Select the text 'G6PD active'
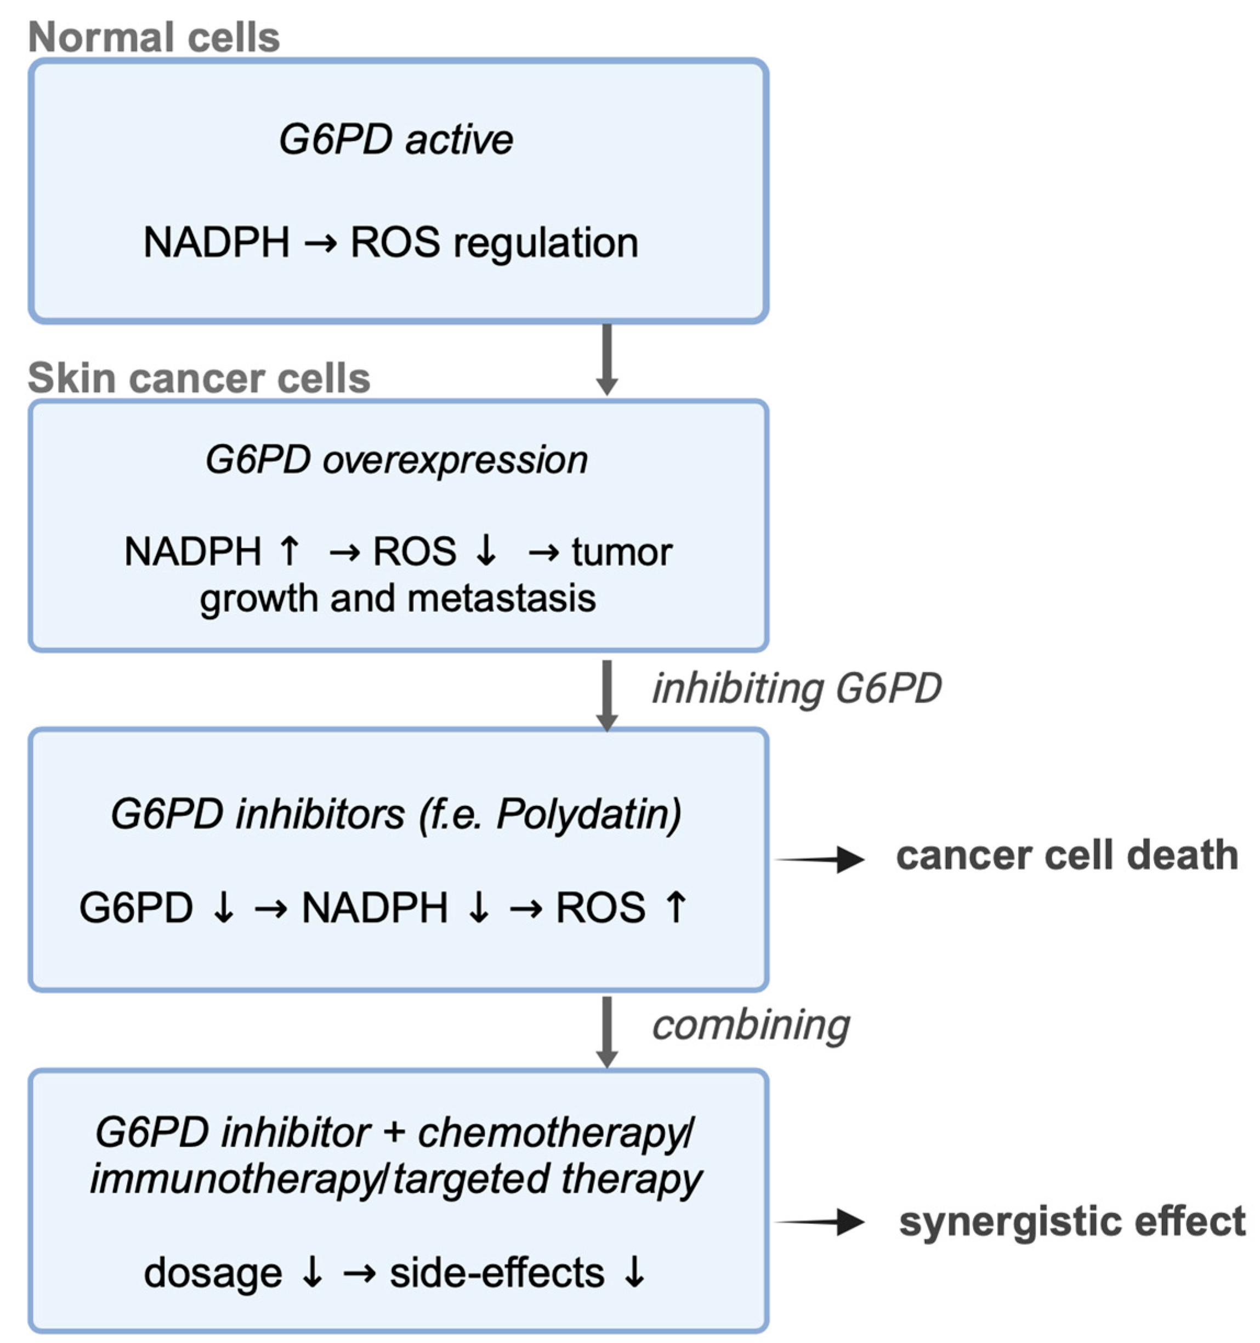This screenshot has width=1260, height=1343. click(x=396, y=140)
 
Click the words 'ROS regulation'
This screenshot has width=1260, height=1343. click(x=494, y=242)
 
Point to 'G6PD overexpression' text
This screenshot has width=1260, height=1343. click(x=396, y=460)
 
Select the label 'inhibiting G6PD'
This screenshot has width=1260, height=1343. click(x=796, y=689)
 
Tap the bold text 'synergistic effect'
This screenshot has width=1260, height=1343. click(x=1071, y=1221)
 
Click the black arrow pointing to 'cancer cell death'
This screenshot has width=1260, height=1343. click(x=821, y=859)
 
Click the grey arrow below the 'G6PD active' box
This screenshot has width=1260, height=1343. click(x=606, y=358)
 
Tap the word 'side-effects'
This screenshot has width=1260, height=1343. click(x=497, y=1273)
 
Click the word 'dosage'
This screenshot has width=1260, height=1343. click(x=213, y=1273)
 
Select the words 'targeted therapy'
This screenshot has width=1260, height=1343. click(x=547, y=1180)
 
